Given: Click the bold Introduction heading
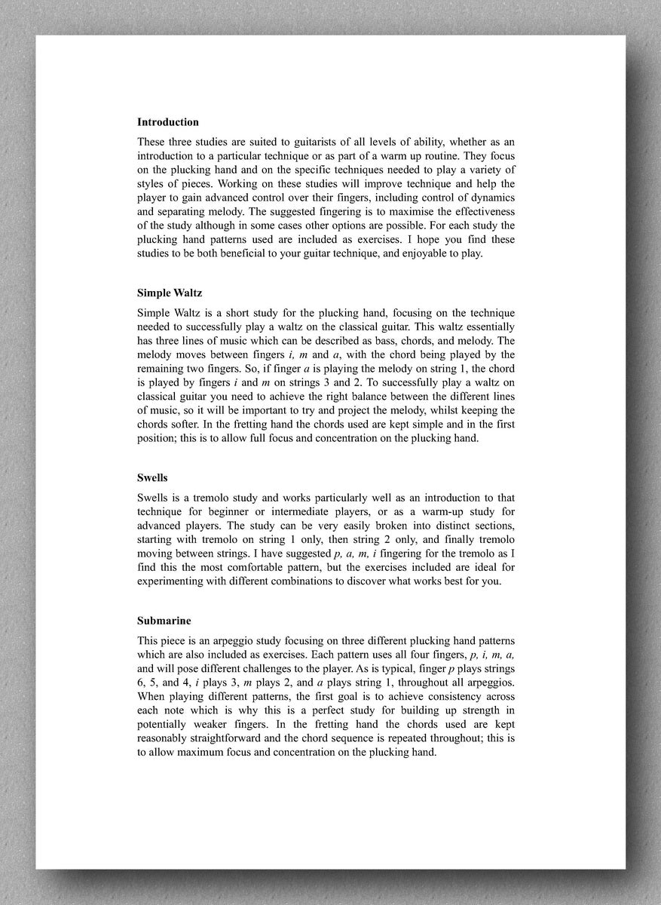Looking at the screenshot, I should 168,122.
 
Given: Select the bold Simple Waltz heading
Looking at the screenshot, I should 170,293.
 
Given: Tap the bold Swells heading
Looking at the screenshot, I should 152,478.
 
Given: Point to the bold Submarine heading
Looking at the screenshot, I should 164,621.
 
